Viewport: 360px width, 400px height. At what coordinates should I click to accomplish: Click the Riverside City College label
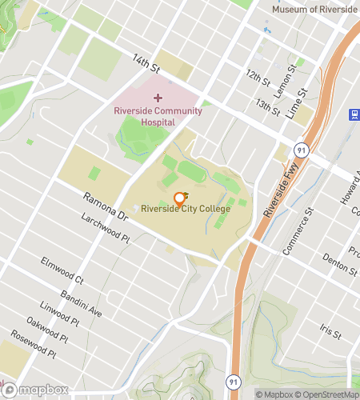coord(186,209)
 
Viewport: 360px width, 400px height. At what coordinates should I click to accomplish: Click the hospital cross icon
coord(158,97)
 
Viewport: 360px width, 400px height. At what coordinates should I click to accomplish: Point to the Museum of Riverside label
coord(314,9)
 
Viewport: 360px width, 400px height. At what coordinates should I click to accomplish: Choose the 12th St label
coord(258,78)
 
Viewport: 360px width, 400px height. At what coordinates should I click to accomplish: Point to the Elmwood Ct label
coord(62,273)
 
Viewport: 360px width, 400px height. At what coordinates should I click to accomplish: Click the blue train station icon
coord(353,114)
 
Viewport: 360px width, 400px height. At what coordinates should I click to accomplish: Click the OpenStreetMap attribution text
coord(328,394)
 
